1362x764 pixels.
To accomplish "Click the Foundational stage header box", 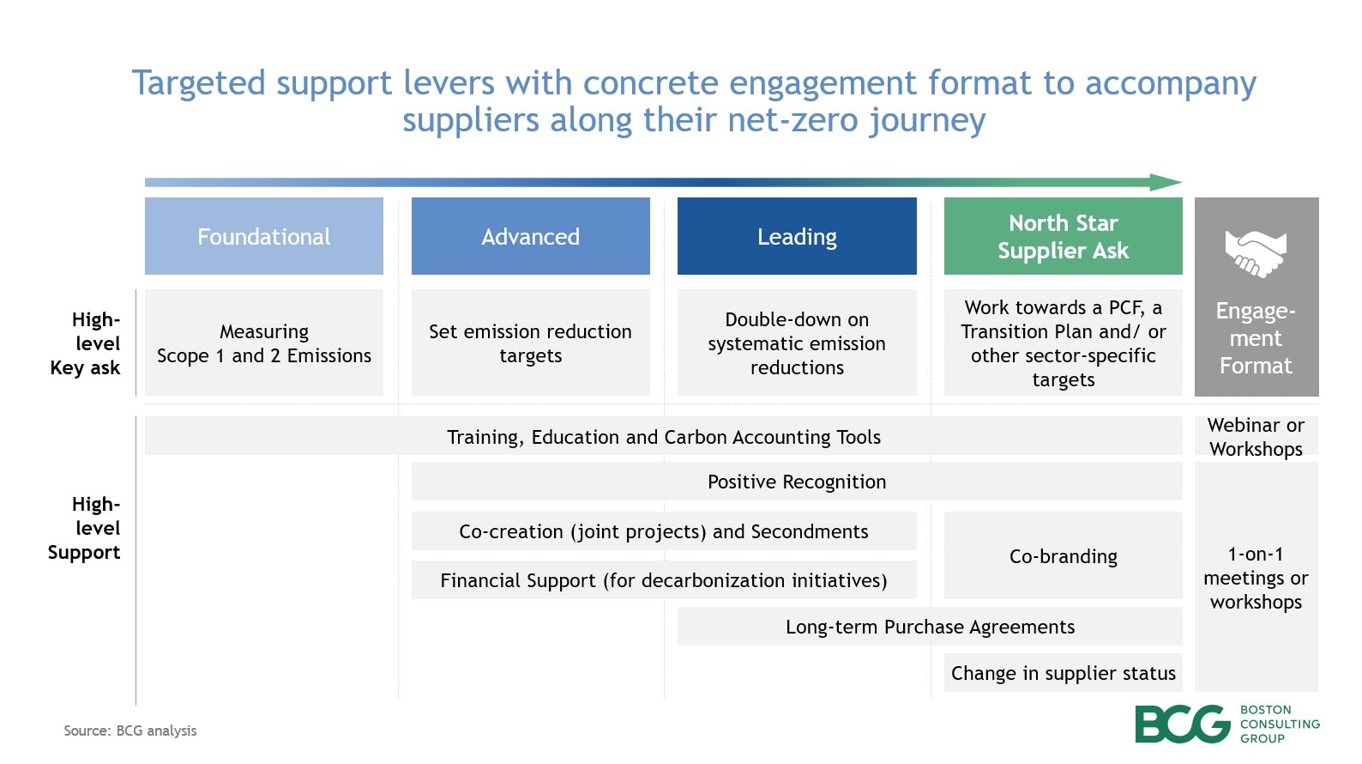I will [x=263, y=236].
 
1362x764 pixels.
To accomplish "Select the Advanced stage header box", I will [x=530, y=236].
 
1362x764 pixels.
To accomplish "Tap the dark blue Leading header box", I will [x=797, y=236].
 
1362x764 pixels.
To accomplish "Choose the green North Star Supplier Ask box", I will [x=1063, y=236].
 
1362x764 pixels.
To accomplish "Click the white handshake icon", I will [x=1256, y=253].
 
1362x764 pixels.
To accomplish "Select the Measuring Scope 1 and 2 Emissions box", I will [x=263, y=343].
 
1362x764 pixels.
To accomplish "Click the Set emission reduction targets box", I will [x=530, y=343].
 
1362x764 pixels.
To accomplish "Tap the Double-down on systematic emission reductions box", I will [x=797, y=343].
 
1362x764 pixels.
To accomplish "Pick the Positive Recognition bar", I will [x=797, y=482].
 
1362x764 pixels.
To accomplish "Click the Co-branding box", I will [x=1063, y=556].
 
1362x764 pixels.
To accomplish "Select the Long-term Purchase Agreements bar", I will [x=930, y=627].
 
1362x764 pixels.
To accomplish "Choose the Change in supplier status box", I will [x=1063, y=673].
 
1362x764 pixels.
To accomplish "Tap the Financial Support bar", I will [x=663, y=580].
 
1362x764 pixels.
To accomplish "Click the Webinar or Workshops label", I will [x=1256, y=437].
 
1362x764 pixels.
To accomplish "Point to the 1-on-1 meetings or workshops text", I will [x=1256, y=578].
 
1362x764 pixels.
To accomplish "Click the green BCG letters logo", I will [x=1182, y=725].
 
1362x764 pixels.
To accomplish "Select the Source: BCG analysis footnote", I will [x=130, y=731].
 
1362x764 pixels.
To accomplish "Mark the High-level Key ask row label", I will [x=86, y=343].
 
